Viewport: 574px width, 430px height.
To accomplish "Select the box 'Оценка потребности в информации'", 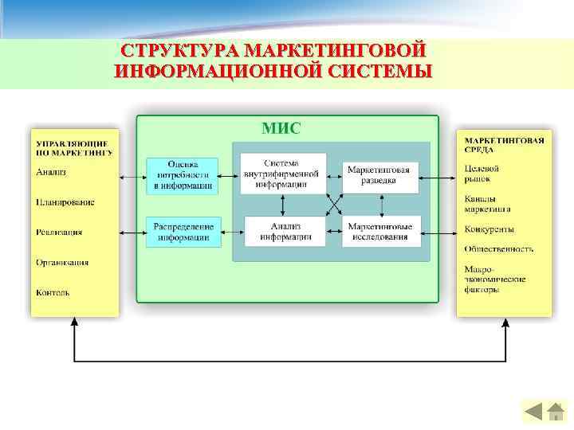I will (182, 175).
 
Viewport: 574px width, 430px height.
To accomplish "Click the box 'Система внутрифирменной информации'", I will (283, 173).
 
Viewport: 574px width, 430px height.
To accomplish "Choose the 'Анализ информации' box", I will (285, 231).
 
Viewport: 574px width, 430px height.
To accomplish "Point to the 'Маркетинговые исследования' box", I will (380, 231).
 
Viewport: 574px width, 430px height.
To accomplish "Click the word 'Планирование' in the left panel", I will (65, 202).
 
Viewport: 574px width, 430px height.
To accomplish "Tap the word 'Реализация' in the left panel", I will (59, 233).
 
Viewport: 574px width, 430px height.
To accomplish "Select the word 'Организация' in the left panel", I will (62, 262).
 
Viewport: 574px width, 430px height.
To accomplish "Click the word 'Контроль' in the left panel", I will (53, 292).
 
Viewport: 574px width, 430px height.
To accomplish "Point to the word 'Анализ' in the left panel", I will (51, 172).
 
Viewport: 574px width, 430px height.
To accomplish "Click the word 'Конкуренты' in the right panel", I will (489, 229).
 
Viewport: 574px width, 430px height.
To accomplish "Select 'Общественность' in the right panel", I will (499, 248).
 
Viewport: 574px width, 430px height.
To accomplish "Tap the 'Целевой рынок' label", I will (482, 174).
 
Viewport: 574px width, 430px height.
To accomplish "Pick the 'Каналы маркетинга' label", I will (487, 204).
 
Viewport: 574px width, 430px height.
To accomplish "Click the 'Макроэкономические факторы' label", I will (483, 279).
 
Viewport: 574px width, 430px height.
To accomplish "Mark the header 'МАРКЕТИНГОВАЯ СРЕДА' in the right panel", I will (504, 143).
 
